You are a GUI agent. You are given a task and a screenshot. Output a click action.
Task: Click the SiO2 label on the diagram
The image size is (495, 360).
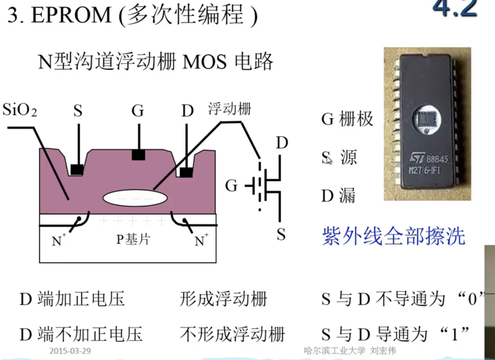click(x=20, y=110)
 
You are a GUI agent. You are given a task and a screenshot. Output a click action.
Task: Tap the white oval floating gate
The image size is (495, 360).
click(x=135, y=198)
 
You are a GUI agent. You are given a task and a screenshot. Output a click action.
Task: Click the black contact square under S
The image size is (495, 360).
click(x=77, y=170)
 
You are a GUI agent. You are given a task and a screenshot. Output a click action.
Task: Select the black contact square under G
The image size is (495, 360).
click(x=139, y=155)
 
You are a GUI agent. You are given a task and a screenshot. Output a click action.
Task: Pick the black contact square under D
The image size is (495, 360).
click(x=186, y=172)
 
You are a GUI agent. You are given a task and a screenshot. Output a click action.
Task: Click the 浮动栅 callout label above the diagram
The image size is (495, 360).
click(x=230, y=109)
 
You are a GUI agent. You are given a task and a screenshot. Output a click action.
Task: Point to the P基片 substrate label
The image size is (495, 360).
click(x=133, y=240)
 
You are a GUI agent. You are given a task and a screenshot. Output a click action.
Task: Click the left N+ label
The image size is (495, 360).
click(x=58, y=240)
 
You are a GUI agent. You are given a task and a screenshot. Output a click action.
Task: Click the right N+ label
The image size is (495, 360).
click(x=201, y=240)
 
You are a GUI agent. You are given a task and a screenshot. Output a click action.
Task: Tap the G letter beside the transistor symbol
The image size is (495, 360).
click(x=231, y=186)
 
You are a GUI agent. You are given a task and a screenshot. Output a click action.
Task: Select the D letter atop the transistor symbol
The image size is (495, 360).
click(x=282, y=143)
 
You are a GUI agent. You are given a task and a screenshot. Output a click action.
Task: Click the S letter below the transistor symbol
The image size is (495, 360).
click(x=281, y=234)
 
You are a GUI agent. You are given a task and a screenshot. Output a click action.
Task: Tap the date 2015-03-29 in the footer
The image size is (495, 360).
click(x=70, y=351)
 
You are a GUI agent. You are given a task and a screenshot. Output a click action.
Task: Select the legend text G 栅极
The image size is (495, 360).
click(x=347, y=119)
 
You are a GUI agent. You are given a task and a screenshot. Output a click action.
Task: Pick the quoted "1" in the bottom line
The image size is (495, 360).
click(x=454, y=334)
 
